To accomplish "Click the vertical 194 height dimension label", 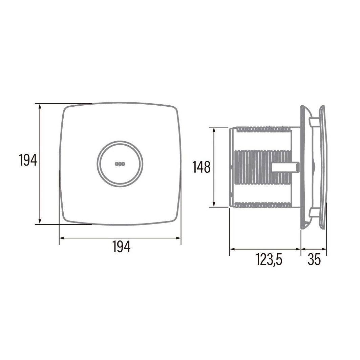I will click(28, 160).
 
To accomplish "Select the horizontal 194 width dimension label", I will click(121, 247).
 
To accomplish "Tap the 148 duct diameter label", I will click(202, 167).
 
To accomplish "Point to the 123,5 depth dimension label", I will click(269, 260).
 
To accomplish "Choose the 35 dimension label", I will click(314, 260).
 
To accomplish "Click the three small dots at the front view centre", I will click(120, 164).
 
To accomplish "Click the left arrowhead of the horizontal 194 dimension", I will click(62, 238).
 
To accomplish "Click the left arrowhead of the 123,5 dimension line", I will click(232, 249).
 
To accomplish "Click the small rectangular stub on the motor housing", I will click(286, 167).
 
